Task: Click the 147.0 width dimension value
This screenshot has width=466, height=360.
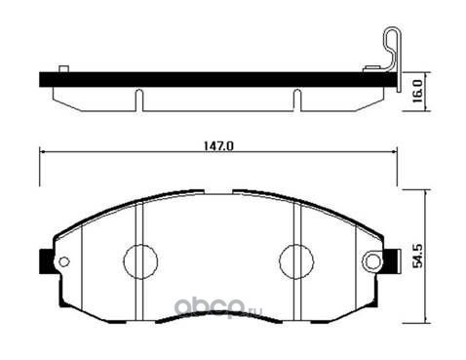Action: pos(218,146)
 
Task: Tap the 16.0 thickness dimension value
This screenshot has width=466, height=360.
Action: pos(417,92)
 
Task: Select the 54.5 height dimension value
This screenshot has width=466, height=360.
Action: pos(417,258)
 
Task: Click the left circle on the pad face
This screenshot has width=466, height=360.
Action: pos(140,261)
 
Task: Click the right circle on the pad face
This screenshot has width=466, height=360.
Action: pos(296,261)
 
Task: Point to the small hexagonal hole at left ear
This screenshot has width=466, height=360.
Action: pos(64,261)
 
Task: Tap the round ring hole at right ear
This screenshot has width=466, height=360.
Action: pos(372,261)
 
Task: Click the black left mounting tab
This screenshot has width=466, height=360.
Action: pos(46,261)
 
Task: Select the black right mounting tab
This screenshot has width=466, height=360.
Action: pos(391,261)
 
